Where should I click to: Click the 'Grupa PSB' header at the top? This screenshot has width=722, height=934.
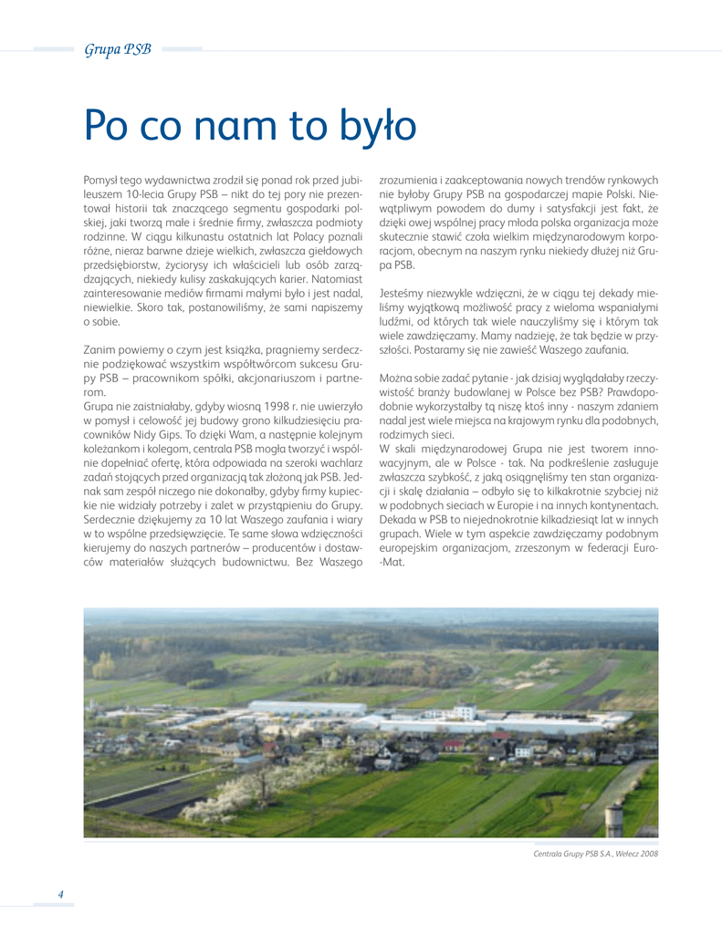click(x=118, y=49)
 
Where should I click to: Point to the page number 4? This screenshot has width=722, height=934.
click(x=60, y=893)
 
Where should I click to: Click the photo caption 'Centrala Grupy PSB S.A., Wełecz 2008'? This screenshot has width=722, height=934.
click(x=595, y=854)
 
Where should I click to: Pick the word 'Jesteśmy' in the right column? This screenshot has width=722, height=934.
click(x=403, y=293)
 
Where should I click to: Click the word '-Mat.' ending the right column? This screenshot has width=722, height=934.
click(x=392, y=562)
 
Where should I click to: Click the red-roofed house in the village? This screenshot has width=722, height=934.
click(x=454, y=745)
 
